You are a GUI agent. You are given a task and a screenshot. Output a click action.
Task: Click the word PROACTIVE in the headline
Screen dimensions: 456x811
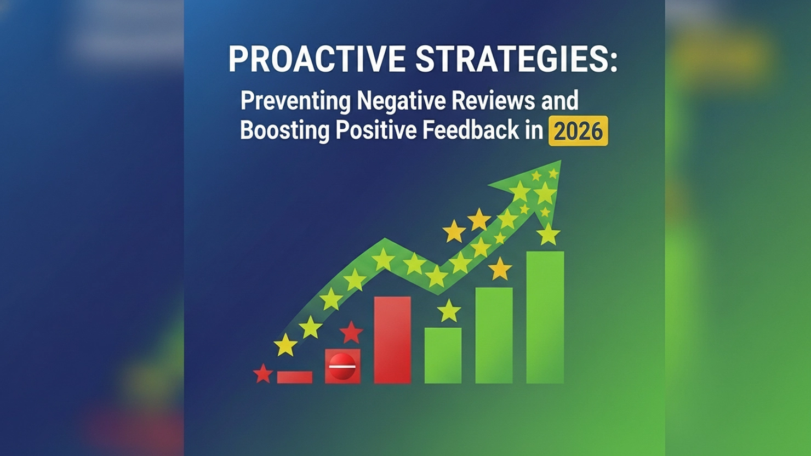point(317,59)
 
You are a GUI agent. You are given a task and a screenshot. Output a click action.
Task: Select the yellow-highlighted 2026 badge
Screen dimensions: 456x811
point(578,132)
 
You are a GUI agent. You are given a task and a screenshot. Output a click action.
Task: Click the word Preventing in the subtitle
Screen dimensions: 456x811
point(295,101)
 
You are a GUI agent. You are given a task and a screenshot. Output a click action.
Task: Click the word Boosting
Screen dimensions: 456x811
point(284,131)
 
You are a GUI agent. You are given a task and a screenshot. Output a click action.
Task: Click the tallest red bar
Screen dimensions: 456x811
point(392,340)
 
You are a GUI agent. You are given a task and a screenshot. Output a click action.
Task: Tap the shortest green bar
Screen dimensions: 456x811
point(443,355)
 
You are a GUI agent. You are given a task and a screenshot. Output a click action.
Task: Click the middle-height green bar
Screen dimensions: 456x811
point(494,335)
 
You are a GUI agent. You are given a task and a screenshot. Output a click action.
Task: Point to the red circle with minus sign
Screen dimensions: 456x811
point(342,366)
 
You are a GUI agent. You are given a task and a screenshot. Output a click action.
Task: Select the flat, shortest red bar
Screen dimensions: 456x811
point(295,377)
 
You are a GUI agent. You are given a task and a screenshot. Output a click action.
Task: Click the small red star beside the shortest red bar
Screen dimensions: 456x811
point(263,374)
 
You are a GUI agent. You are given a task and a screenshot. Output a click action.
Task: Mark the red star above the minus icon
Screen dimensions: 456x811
point(351,332)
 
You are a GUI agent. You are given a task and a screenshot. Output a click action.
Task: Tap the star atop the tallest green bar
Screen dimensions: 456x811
point(548,235)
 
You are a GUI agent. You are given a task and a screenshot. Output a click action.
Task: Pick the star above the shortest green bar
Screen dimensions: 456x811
point(449,311)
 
